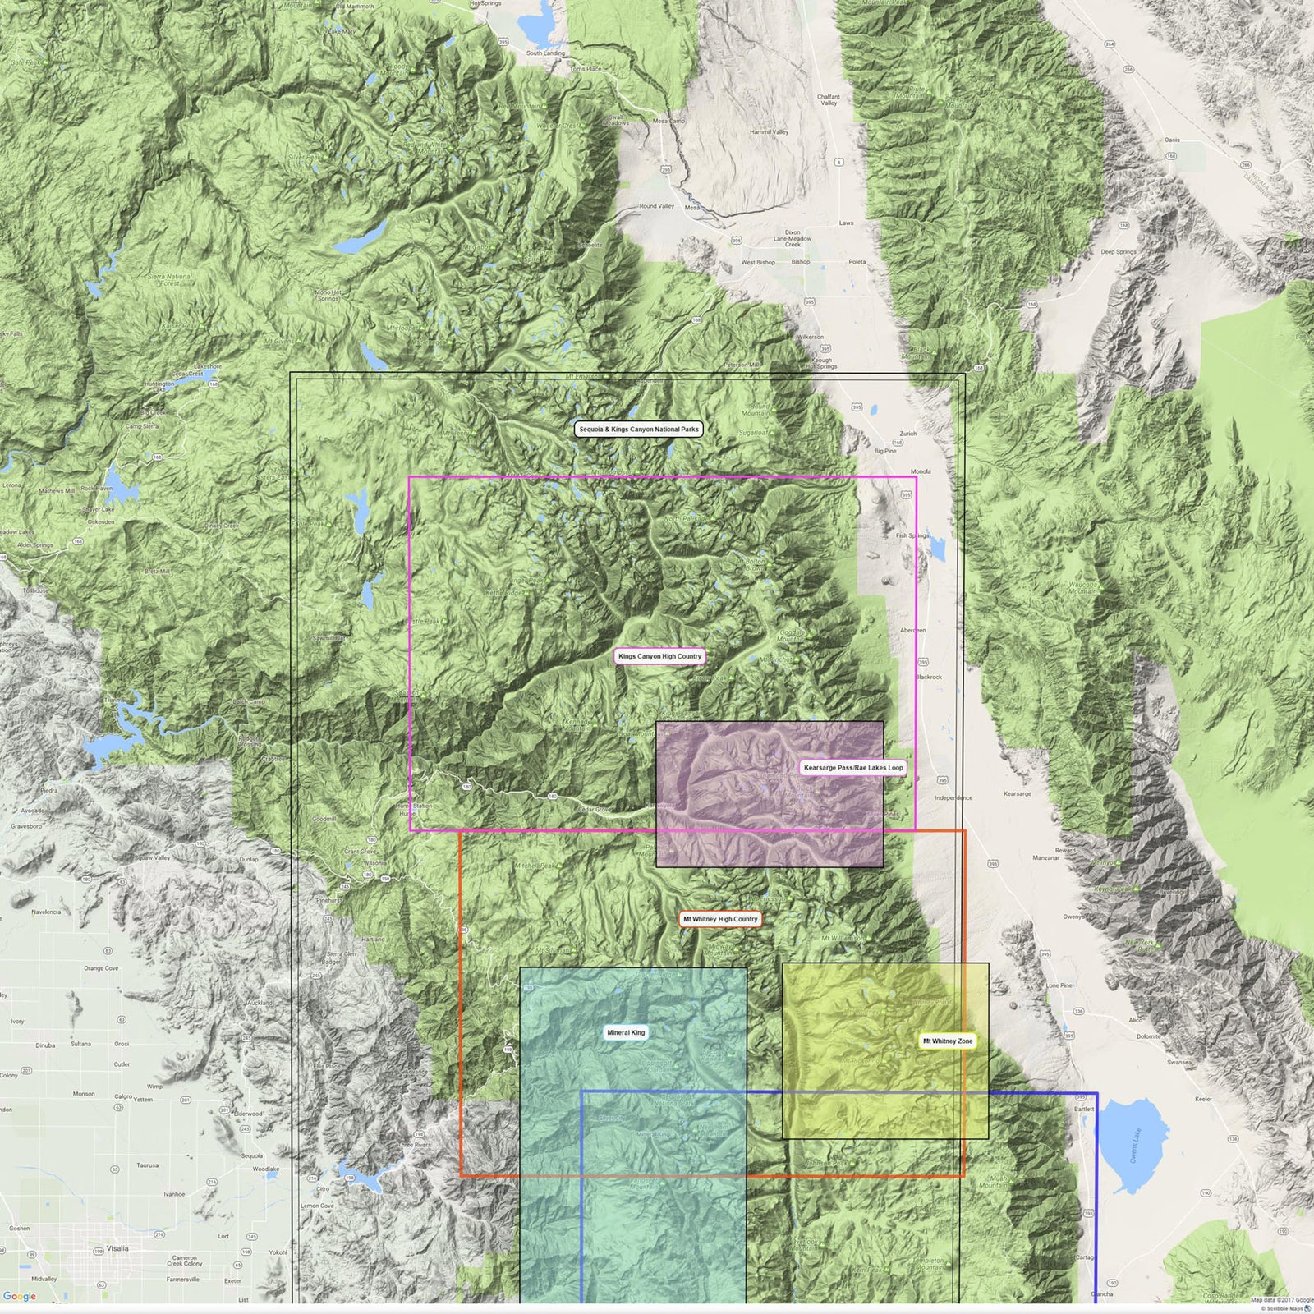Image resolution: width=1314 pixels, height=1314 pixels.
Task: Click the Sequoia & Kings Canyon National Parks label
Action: click(639, 430)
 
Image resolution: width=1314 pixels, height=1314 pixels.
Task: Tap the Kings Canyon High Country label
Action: click(659, 657)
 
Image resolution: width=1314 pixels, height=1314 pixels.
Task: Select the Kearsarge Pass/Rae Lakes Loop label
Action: click(853, 768)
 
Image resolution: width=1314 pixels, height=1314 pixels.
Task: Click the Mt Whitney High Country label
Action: click(720, 920)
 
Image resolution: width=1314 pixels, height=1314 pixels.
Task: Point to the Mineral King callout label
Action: click(626, 1033)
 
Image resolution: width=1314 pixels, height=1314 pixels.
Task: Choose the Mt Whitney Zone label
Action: click(948, 1041)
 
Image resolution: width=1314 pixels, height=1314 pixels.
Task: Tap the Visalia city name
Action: click(117, 1248)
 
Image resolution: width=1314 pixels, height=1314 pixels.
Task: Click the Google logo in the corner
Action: click(20, 1297)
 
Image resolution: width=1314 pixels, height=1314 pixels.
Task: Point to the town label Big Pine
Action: click(885, 451)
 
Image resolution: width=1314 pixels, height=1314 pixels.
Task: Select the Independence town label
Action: click(953, 798)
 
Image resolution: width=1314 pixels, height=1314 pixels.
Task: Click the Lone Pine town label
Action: click(1059, 985)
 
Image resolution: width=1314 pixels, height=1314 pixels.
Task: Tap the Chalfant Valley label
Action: click(829, 100)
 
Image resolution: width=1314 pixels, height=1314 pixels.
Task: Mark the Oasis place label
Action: click(1172, 140)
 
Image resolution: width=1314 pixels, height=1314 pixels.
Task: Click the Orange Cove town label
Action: click(101, 968)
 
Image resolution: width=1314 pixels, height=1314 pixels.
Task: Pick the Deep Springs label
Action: click(1119, 252)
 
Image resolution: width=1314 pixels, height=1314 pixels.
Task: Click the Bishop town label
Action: click(801, 262)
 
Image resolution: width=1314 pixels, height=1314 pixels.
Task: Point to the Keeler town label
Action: click(1203, 1099)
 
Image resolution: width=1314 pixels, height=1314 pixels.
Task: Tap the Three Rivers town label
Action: click(414, 1145)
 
